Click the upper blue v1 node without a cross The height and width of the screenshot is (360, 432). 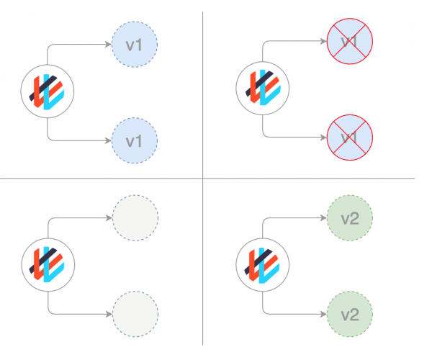(135, 45)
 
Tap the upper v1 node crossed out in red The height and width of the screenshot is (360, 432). (349, 42)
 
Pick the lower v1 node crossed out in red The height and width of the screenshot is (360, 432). (349, 136)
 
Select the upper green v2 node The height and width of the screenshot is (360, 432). (349, 219)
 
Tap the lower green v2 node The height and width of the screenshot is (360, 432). (349, 314)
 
